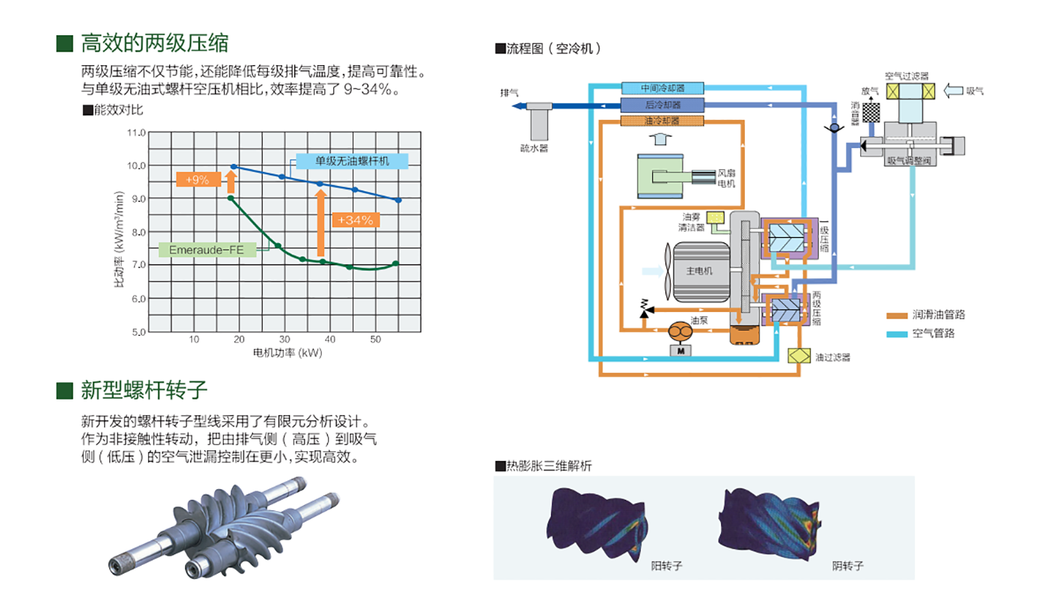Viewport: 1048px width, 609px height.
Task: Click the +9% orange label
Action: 198,180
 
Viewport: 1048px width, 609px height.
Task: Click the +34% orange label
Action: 356,220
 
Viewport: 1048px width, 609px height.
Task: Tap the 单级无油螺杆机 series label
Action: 352,161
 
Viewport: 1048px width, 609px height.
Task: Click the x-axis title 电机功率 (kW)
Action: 287,353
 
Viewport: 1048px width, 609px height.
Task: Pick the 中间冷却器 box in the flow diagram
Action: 662,88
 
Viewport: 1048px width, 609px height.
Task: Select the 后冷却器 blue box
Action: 662,105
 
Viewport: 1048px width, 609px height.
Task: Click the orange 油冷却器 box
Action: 662,120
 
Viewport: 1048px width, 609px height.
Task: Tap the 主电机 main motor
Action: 699,271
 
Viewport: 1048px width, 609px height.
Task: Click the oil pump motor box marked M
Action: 681,349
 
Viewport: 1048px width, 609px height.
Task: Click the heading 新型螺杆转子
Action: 144,390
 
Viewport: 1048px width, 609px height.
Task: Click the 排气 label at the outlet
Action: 510,93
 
